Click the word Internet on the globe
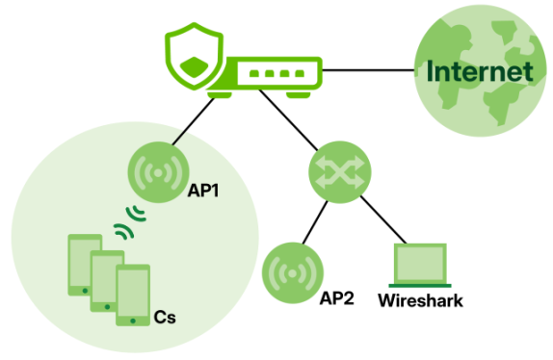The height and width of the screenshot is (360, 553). (x=480, y=71)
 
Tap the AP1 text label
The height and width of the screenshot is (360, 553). (x=203, y=191)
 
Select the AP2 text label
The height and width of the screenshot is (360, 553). (x=336, y=298)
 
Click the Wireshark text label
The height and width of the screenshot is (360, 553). (x=420, y=301)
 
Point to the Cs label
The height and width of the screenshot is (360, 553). (x=165, y=318)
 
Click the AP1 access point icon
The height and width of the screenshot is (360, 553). (x=158, y=172)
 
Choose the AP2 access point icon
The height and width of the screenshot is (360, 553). (x=292, y=273)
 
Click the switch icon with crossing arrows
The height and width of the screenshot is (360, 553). (x=340, y=172)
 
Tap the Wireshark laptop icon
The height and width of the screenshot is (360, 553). (x=420, y=265)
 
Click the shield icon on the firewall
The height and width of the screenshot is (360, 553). (x=195, y=56)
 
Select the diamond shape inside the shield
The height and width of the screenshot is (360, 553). (x=194, y=67)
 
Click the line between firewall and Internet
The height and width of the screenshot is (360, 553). (x=368, y=70)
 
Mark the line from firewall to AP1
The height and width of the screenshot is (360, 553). (x=194, y=121)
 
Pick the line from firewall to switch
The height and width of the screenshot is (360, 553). (x=288, y=120)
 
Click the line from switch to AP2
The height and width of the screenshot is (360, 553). (x=315, y=222)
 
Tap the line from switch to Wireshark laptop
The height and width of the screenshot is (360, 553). (x=383, y=219)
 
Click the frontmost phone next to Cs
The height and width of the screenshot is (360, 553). (x=133, y=296)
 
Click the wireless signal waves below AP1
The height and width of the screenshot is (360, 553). (x=130, y=222)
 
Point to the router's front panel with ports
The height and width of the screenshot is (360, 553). (x=276, y=73)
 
